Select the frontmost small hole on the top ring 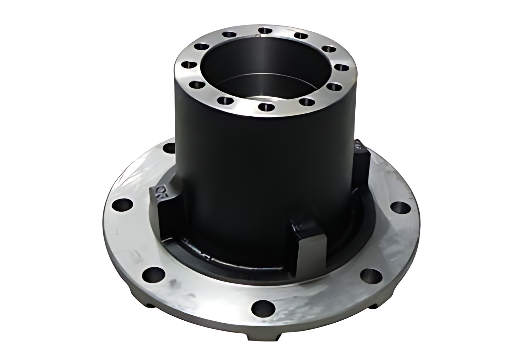264,107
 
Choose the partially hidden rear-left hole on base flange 169,148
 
